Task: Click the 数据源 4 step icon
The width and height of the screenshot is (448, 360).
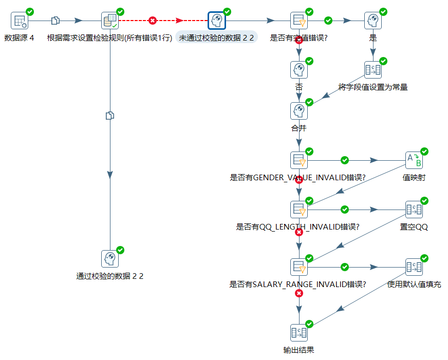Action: pyautogui.click(x=20, y=21)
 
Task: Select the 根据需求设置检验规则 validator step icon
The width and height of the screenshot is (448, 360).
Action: pyautogui.click(x=110, y=21)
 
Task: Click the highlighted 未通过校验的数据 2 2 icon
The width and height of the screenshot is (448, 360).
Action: pyautogui.click(x=216, y=21)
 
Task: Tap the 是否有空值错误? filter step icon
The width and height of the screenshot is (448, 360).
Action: pyautogui.click(x=299, y=21)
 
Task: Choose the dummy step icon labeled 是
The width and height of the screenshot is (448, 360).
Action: pyautogui.click(x=373, y=21)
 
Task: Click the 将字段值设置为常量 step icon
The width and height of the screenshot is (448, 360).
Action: pyautogui.click(x=373, y=70)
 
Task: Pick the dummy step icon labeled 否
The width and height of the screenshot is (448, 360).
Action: pyautogui.click(x=299, y=70)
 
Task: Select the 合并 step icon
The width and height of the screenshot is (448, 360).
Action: pyautogui.click(x=299, y=111)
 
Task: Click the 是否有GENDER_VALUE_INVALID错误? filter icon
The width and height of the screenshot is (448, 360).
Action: pyautogui.click(x=299, y=160)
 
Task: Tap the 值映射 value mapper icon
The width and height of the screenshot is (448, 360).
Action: pyautogui.click(x=414, y=160)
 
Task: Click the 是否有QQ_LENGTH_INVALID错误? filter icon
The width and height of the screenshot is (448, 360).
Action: pyautogui.click(x=299, y=210)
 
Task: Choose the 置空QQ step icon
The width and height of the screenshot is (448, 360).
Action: pyautogui.click(x=414, y=210)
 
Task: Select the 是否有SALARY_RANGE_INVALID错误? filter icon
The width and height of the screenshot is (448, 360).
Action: pyautogui.click(x=299, y=267)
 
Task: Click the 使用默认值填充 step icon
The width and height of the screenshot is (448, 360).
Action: pyautogui.click(x=414, y=267)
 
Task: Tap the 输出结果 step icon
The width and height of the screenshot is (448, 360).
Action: pyautogui.click(x=299, y=333)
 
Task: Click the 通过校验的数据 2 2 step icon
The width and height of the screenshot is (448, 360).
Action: pyautogui.click(x=110, y=259)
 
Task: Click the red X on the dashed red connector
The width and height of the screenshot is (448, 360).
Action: pyautogui.click(x=153, y=21)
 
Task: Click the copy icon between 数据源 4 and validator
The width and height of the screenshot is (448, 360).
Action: pyautogui.click(x=55, y=21)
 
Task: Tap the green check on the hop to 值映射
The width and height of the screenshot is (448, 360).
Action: pyautogui.click(x=345, y=160)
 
